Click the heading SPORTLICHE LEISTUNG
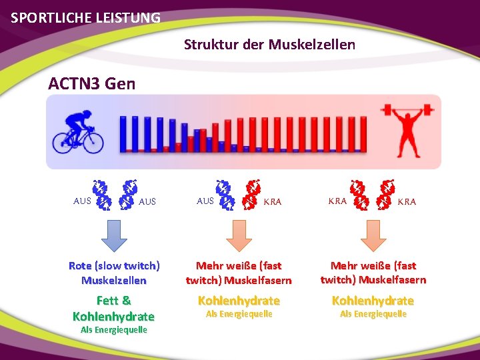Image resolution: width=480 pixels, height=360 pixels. [86, 17]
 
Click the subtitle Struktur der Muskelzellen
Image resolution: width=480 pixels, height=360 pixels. [269, 45]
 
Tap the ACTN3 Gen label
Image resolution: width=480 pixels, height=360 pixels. [91, 84]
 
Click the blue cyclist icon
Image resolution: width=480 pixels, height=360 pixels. [79, 131]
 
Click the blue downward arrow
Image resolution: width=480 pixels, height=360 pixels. [114, 235]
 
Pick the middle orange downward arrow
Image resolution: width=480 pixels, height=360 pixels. [239, 235]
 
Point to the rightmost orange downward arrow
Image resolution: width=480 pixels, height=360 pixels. [373, 235]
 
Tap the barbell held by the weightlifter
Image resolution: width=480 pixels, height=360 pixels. [407, 107]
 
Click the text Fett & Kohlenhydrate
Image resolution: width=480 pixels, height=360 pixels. [113, 308]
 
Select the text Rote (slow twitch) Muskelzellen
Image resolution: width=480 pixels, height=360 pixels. [113, 273]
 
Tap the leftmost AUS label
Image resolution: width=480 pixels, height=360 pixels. [82, 201]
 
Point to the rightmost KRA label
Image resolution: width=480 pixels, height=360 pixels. [407, 201]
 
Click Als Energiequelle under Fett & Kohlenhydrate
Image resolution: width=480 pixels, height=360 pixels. [113, 330]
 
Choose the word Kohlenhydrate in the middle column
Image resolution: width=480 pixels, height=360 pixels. [239, 301]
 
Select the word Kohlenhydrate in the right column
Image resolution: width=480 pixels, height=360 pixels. [373, 301]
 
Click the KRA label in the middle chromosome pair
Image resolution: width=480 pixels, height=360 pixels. [273, 201]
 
